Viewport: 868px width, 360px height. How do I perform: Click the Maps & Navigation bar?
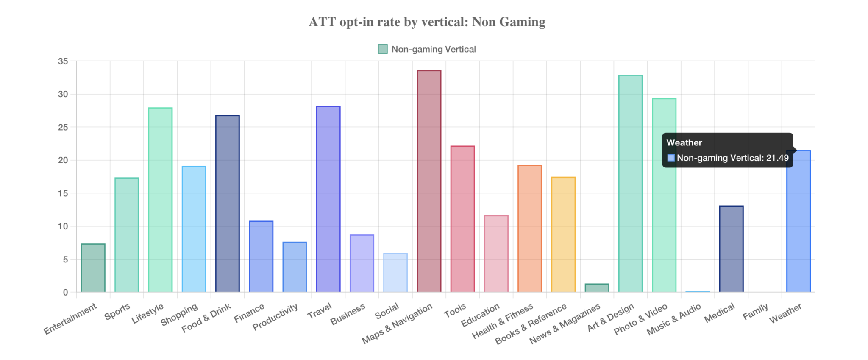429,181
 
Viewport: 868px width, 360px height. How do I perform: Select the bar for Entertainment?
93,268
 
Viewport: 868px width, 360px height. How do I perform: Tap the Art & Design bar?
630,184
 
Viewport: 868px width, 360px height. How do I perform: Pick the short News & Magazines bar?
597,288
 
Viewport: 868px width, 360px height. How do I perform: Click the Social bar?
395,273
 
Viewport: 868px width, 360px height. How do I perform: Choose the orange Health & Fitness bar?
530,229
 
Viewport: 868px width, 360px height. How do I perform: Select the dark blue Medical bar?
731,249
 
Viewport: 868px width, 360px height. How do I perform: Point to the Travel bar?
328,199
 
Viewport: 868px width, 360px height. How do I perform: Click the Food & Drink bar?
228,204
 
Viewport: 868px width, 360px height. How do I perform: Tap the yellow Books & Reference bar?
563,234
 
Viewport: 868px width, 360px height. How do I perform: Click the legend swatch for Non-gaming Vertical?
383,49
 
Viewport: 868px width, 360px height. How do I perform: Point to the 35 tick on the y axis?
63,61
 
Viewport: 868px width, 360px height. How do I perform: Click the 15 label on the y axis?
63,193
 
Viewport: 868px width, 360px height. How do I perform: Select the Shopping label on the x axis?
179,314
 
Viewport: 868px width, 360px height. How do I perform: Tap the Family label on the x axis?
755,312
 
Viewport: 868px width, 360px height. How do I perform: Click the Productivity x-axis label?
275,317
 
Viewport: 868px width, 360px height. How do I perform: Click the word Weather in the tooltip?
684,143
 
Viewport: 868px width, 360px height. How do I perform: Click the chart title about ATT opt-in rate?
427,22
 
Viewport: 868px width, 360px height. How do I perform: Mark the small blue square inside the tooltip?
671,158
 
